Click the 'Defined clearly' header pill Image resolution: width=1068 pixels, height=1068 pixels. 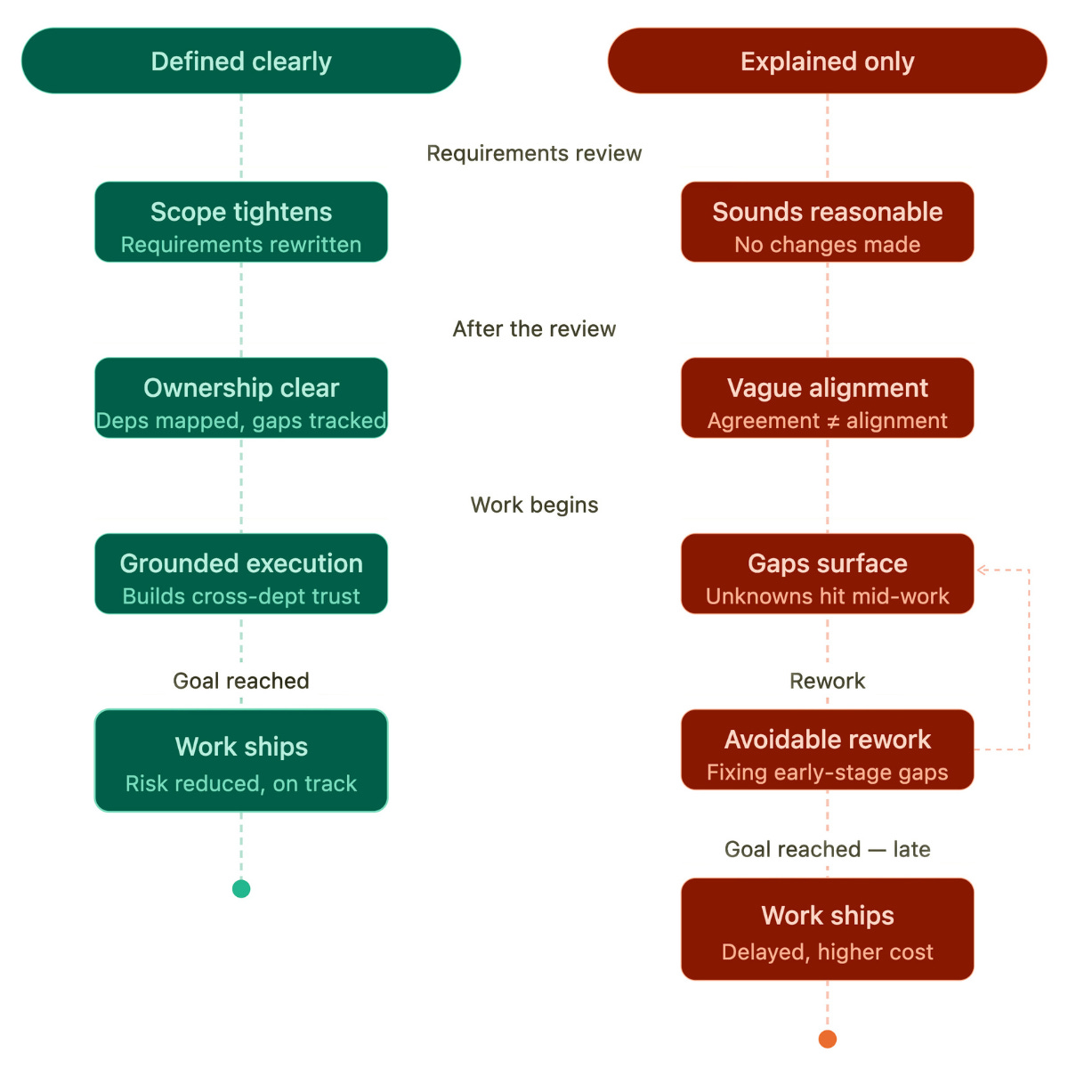[x=241, y=61]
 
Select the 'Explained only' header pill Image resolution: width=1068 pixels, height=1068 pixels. [x=827, y=61]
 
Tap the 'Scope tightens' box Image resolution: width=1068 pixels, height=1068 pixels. [x=241, y=222]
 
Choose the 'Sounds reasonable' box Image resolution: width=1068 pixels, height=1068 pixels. [x=827, y=222]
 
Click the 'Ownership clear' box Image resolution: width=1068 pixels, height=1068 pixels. [x=241, y=397]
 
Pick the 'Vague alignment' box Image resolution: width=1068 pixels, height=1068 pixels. [x=827, y=397]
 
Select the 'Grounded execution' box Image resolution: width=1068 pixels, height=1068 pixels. [x=241, y=574]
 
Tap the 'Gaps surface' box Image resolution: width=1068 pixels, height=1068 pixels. [x=827, y=574]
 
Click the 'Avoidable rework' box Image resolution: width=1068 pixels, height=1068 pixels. [x=827, y=749]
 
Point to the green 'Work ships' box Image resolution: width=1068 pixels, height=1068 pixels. [x=241, y=760]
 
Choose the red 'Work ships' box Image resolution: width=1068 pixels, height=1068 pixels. [x=827, y=929]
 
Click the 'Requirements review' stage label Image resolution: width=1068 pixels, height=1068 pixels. [x=534, y=153]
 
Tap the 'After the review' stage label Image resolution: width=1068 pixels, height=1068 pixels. [x=534, y=329]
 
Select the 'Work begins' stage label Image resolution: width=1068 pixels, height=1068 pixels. [x=534, y=505]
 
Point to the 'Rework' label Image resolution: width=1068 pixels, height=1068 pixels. [x=827, y=681]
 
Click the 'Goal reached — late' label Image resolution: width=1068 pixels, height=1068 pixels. [x=827, y=849]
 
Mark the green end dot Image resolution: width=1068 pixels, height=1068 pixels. [x=241, y=889]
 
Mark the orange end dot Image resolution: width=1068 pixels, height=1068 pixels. [x=827, y=1040]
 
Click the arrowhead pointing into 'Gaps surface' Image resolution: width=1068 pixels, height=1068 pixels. [x=980, y=570]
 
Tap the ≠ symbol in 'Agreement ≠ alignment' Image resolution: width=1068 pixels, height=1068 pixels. [x=832, y=422]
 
